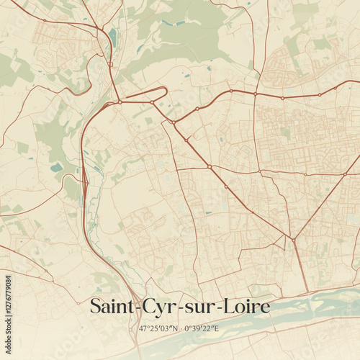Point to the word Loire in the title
[246, 307]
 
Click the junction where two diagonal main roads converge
[294, 240]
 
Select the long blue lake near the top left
[112, 37]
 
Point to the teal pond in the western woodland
[56, 167]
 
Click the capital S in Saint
[96, 307]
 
